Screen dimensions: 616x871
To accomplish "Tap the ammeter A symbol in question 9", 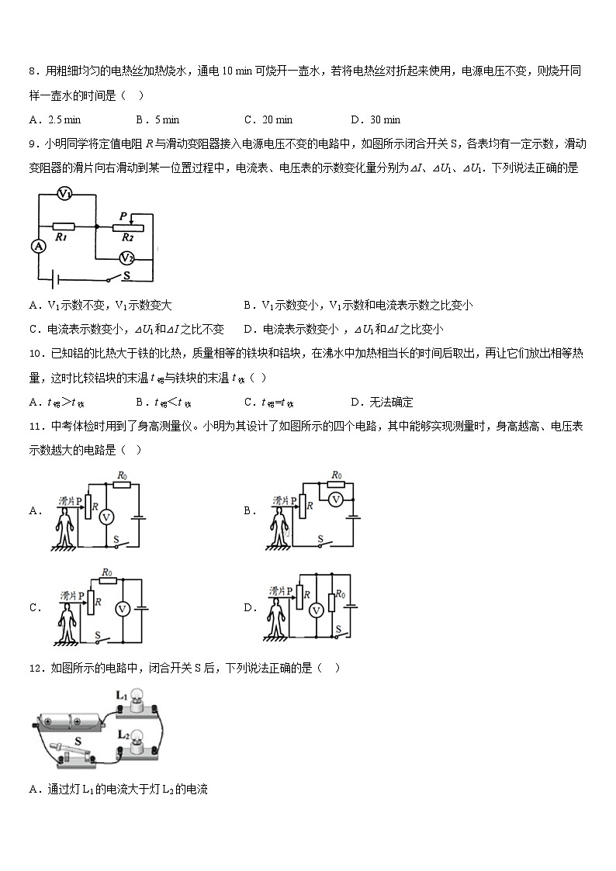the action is pyautogui.click(x=37, y=246).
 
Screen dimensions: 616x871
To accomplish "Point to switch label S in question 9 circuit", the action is pyautogui.click(x=126, y=274).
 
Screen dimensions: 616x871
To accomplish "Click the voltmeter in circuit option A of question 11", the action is pyautogui.click(x=108, y=515).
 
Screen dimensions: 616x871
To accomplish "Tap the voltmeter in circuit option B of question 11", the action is pyautogui.click(x=335, y=499).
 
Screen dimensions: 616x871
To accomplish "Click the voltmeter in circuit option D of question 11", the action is pyautogui.click(x=315, y=611).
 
